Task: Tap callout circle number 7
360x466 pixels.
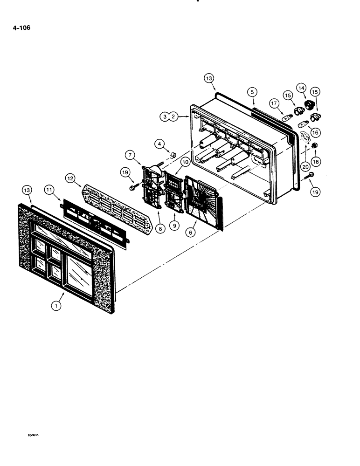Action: click(x=129, y=155)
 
